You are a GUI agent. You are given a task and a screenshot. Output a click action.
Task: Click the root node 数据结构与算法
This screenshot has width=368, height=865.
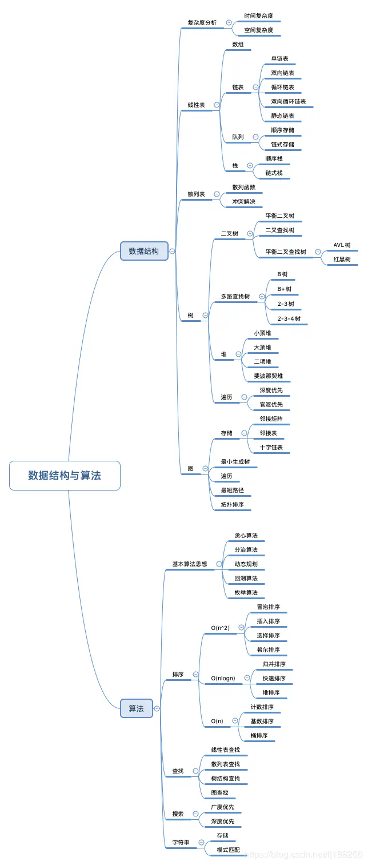coord(65,475)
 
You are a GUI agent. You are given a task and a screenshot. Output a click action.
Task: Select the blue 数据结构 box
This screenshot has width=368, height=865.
coord(144,250)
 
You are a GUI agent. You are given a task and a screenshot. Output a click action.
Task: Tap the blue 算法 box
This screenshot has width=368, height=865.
coord(137,708)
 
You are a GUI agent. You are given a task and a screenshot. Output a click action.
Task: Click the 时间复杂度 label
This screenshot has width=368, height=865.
coord(258,16)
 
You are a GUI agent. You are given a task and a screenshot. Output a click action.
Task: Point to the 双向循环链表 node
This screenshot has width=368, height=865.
coord(289,101)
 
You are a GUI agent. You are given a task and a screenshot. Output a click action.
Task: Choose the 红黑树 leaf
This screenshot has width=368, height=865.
coord(342,259)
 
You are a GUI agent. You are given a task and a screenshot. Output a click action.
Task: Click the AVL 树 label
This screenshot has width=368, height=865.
coord(342,245)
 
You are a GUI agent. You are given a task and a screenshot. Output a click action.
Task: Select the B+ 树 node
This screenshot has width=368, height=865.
coord(285,289)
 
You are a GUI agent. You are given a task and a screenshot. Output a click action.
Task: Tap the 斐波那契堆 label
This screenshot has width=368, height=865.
coord(269,376)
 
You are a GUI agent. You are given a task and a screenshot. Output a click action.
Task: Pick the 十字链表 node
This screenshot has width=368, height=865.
coord(271,447)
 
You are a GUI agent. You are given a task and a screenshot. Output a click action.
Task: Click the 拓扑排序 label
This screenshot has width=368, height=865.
coord(233,504)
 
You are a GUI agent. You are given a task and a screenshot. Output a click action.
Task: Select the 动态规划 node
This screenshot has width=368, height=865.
coord(246,564)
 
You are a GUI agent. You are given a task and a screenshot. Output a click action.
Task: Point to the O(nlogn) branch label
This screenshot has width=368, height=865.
coord(223,678)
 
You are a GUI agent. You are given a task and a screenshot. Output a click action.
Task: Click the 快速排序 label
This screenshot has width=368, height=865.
coord(274,678)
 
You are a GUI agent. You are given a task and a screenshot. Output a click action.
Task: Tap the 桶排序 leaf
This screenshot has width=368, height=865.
coord(259,735)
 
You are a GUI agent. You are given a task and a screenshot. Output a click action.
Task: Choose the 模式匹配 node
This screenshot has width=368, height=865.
coord(229,850)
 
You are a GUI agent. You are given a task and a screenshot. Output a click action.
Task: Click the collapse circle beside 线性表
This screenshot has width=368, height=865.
coord(217,105)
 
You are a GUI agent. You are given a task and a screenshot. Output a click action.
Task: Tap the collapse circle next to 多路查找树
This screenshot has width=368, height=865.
coord(262,296)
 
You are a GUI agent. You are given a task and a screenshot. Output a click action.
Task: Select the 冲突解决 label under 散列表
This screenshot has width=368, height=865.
coord(244,201)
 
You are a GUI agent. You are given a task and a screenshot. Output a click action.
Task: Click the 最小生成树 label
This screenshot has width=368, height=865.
coord(235,461)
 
